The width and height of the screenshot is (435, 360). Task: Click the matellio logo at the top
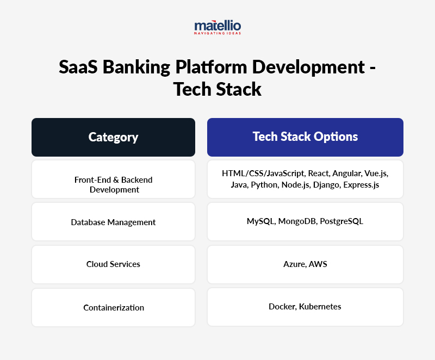pos(217,27)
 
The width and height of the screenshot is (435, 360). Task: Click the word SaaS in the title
pos(77,67)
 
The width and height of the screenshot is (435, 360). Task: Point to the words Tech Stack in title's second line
pos(217,89)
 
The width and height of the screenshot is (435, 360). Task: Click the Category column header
pos(113,137)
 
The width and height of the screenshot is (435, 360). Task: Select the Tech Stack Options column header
pos(305,136)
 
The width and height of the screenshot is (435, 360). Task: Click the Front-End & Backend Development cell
pos(113,184)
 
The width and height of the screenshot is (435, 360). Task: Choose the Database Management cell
pos(113,222)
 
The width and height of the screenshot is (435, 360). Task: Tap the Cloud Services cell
pos(113,264)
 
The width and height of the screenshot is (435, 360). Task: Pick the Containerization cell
pos(113,307)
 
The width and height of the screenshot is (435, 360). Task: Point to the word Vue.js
pos(376,173)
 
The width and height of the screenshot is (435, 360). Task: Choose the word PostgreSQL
pos(341,221)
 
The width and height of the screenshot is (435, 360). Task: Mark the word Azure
pos(294,264)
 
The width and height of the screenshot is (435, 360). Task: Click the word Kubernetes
pos(320,307)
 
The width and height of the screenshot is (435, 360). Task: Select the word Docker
pos(282,307)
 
